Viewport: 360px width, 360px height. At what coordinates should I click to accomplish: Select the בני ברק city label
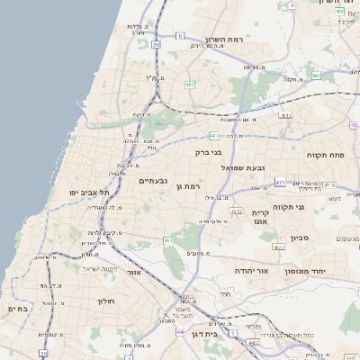click(208, 152)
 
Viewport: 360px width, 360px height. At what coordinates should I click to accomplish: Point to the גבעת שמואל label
click(244, 166)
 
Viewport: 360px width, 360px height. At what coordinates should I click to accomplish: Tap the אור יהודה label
click(250, 270)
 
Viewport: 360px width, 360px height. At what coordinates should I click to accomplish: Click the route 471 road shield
click(280, 182)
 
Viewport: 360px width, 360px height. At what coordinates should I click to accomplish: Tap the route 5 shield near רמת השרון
click(180, 36)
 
